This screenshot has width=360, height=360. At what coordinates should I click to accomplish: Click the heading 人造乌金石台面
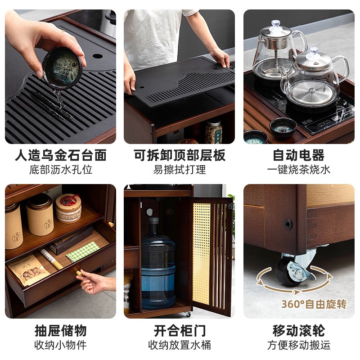point(60,156)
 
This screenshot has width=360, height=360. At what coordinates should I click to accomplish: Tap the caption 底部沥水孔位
point(60,170)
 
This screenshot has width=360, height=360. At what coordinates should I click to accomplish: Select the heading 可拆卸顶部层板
point(180,156)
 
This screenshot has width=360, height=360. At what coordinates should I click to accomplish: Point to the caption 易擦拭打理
point(180,170)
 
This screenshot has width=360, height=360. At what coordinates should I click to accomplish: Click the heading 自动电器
point(299,156)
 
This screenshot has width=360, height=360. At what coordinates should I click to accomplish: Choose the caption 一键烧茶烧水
point(299,170)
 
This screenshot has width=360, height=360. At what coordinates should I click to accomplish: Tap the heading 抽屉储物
point(60,331)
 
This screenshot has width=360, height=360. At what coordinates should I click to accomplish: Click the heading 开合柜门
point(180,331)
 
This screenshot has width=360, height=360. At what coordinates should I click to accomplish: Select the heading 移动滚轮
point(299,331)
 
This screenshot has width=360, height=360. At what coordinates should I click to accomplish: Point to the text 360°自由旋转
point(314,304)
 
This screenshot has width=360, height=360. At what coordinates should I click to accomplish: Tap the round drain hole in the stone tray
point(97,57)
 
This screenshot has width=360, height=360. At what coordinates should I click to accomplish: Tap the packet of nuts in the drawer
point(29,270)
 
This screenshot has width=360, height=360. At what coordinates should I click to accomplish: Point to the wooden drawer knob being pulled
point(78,272)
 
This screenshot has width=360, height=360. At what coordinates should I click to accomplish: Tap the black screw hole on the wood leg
point(287,224)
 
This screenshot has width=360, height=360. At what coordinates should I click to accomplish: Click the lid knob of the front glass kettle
point(314,51)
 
